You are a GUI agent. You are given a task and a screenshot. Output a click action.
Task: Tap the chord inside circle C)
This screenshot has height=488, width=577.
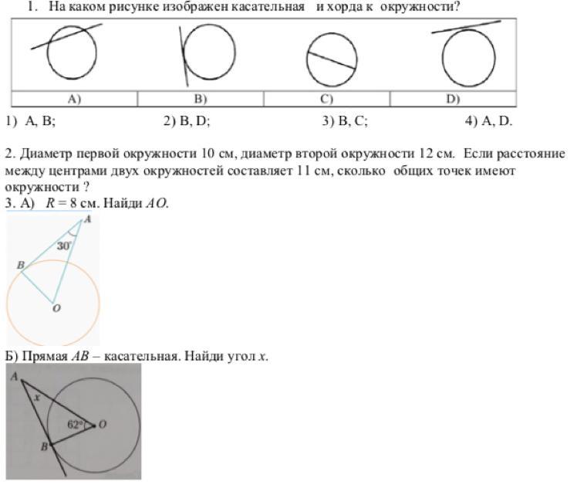332,61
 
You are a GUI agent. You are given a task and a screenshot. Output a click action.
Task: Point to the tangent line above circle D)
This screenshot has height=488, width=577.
466,27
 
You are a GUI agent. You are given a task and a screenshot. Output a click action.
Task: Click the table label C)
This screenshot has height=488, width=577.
326,99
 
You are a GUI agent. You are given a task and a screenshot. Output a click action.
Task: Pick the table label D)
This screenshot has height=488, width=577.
453,99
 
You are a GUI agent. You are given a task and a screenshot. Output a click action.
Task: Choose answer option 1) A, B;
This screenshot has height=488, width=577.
30,120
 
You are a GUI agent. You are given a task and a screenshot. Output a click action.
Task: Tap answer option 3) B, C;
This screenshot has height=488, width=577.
345,120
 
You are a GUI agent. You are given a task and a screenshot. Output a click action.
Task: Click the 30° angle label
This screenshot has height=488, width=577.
64,246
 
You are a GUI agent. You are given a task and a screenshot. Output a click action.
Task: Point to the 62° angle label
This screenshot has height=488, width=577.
75,424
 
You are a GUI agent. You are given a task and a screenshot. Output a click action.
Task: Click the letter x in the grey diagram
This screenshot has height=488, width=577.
36,398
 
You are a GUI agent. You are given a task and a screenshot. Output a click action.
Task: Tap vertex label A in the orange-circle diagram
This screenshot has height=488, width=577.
86,219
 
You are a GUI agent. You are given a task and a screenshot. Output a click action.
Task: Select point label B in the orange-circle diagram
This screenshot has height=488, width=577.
20,265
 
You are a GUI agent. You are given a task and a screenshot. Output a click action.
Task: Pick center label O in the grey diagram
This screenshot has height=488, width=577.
103,424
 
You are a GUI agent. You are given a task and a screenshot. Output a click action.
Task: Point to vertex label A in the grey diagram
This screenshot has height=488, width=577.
14,375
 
